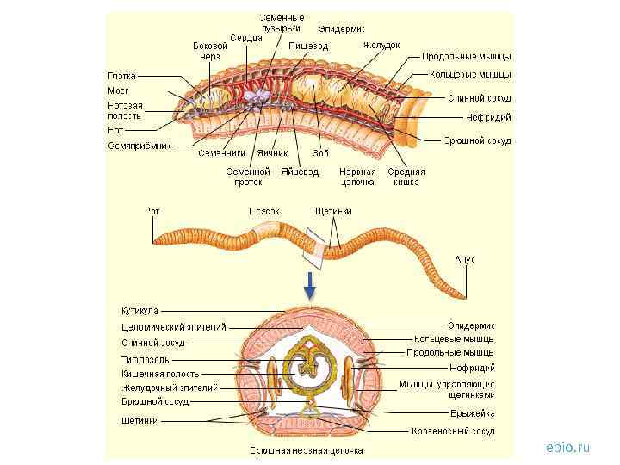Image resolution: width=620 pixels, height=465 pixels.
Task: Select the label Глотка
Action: (x=121, y=75)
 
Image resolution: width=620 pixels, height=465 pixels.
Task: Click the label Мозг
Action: (x=118, y=90)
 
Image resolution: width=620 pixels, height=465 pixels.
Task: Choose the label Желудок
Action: (x=381, y=45)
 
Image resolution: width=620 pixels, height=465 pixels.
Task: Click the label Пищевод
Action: (x=308, y=45)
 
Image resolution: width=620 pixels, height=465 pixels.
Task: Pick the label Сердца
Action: (x=240, y=38)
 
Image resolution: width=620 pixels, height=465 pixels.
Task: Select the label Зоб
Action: (x=321, y=153)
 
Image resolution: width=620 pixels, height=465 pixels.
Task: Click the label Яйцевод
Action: (x=300, y=171)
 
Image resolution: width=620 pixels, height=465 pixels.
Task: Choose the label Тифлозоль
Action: (x=139, y=358)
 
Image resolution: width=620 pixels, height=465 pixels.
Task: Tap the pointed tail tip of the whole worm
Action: (x=464, y=297)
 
